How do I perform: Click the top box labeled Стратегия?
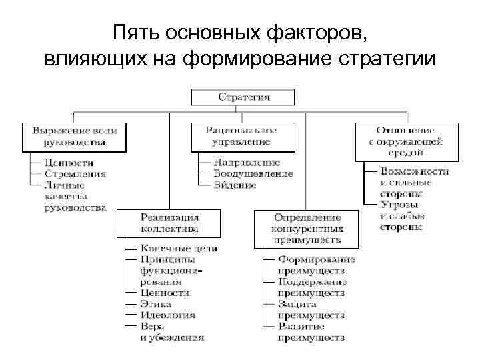click(244, 97)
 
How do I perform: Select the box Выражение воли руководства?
click(74, 136)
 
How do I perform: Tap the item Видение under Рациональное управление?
click(234, 185)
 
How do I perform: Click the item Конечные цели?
click(179, 249)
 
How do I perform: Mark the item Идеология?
click(167, 315)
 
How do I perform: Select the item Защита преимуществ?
click(312, 309)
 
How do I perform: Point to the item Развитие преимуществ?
click(312, 332)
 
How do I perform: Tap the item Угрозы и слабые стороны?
click(402, 215)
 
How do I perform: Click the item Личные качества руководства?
click(74, 196)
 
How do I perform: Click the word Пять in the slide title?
click(133, 33)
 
